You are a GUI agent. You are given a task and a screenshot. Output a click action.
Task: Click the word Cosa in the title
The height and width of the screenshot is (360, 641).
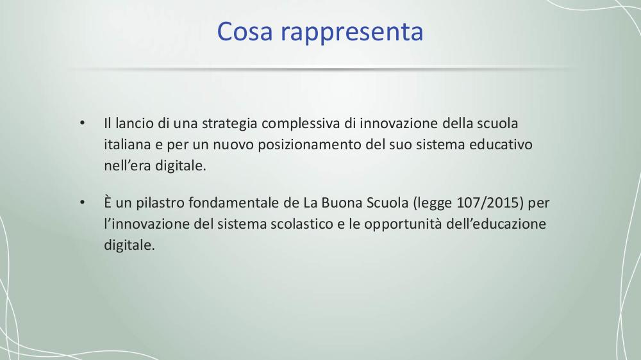244,31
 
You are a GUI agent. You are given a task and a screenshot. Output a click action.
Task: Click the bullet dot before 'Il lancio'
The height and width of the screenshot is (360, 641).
82,123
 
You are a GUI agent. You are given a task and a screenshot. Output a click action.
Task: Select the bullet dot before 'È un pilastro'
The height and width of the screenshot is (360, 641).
82,202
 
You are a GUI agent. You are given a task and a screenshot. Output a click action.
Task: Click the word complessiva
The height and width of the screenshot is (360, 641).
301,124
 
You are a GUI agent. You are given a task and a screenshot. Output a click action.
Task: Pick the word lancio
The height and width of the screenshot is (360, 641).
134,123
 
